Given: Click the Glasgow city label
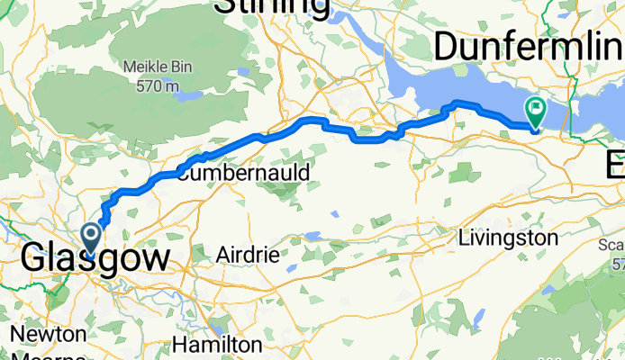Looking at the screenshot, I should click(95, 259).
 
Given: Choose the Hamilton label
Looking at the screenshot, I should click(219, 345).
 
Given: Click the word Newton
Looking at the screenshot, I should click(49, 334).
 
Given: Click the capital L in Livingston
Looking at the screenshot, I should click(463, 238).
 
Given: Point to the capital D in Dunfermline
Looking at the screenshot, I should click(448, 45).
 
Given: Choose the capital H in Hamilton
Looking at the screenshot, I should click(183, 345).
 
